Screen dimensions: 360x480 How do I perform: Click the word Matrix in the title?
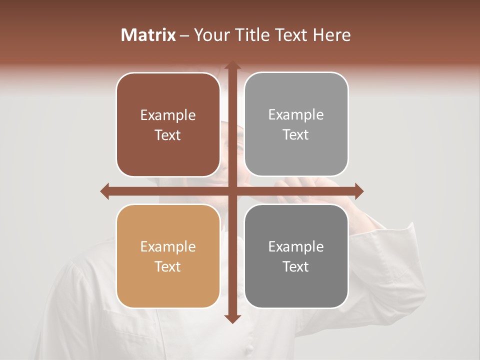pyautogui.click(x=148, y=35)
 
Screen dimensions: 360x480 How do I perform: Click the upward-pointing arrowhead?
pyautogui.click(x=232, y=66)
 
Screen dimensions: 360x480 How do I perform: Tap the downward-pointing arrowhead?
pyautogui.click(x=232, y=318)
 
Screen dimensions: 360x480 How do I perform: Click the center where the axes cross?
pyautogui.click(x=232, y=191)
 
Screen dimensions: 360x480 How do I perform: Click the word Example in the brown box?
pyautogui.click(x=168, y=115)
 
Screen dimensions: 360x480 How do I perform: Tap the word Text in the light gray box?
pyautogui.click(x=296, y=135)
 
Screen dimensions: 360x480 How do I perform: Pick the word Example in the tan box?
pyautogui.click(x=168, y=247)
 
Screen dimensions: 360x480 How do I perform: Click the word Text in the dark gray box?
pyautogui.click(x=296, y=267)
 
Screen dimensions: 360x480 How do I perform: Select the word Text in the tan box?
pyautogui.click(x=168, y=267)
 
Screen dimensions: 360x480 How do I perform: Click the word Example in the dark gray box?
pyautogui.click(x=296, y=247)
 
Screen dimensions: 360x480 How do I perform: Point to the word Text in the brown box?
pyautogui.click(x=168, y=135)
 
